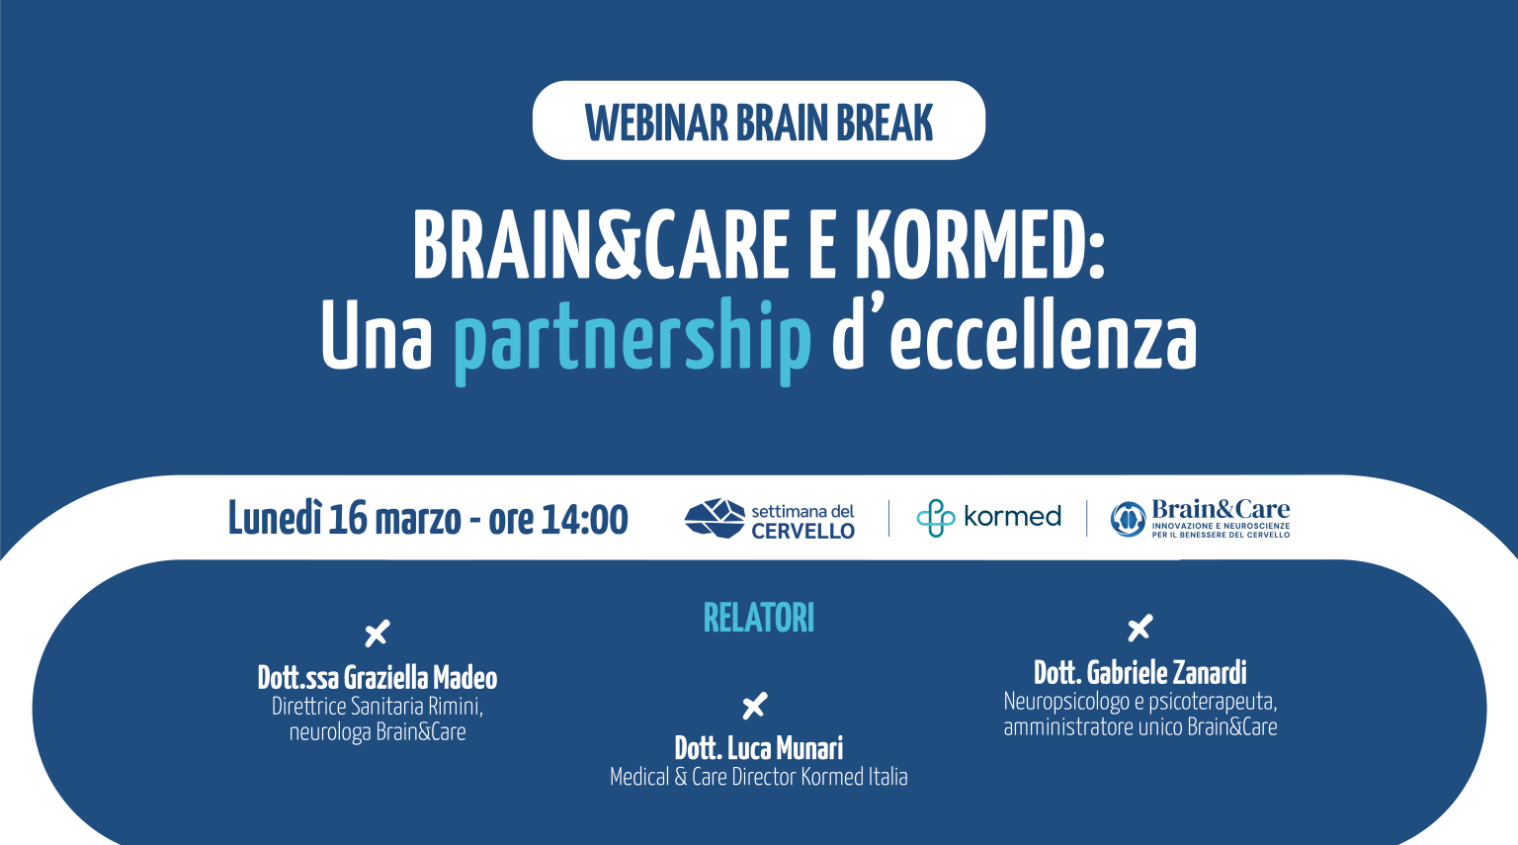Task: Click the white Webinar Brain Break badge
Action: point(759,121)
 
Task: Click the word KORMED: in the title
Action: point(978,246)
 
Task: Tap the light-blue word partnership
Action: point(632,339)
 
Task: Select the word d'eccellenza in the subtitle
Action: point(1014,336)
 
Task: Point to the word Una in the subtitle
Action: point(377,336)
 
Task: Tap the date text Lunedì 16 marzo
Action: point(345,519)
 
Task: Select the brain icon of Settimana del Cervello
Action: point(714,518)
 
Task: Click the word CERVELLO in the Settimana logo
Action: point(802,531)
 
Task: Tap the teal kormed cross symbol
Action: point(935,518)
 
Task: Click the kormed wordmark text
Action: point(1012,517)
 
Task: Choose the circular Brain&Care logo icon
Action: point(1128,519)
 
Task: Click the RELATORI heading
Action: point(759,619)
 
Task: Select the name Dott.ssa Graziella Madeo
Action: point(378,678)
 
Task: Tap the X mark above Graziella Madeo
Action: point(378,634)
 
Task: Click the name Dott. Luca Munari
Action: point(759,748)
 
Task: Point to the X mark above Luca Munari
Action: point(755,706)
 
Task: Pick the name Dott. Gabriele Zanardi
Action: point(1140,673)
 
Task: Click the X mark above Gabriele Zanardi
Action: point(1140,628)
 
